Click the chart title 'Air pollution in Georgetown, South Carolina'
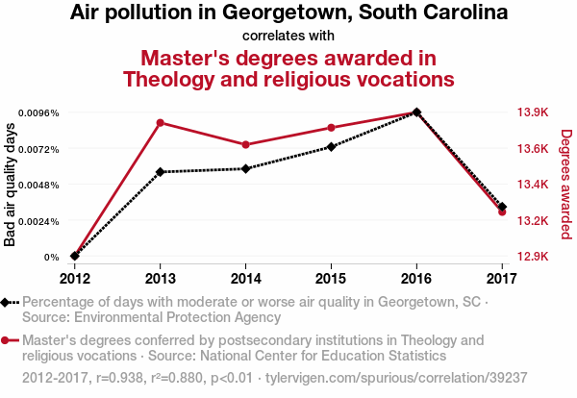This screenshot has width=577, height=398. pos(288,13)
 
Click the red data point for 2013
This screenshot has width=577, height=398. pos(162,122)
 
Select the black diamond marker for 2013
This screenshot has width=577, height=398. pos(162,172)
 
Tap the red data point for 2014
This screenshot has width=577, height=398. pos(246,145)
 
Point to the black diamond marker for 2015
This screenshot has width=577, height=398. pos(331,147)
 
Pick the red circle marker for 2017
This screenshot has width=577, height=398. pos(502,211)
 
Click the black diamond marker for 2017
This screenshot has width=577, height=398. pos(502,207)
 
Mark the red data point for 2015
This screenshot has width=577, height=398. pos(331,128)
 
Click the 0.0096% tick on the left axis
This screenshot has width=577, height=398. pos(39,112)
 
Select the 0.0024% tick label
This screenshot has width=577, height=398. pos(39,221)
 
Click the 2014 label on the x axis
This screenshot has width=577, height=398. pos(246,279)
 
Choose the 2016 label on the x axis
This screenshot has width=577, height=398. pos(415,279)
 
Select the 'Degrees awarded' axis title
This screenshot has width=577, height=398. pos(566,185)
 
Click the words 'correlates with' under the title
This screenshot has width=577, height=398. pos(288,37)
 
